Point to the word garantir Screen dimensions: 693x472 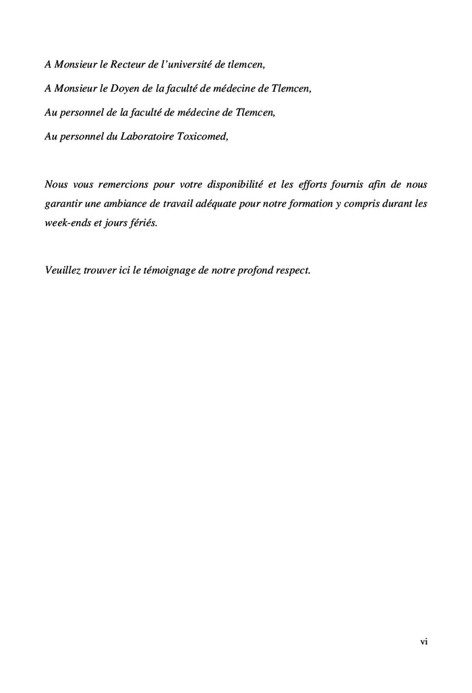coord(63,203)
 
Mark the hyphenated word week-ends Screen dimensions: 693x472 coord(67,222)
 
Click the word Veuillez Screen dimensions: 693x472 coord(63,270)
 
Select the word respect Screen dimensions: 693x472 coord(307,270)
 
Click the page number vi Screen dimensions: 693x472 coord(423,642)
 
